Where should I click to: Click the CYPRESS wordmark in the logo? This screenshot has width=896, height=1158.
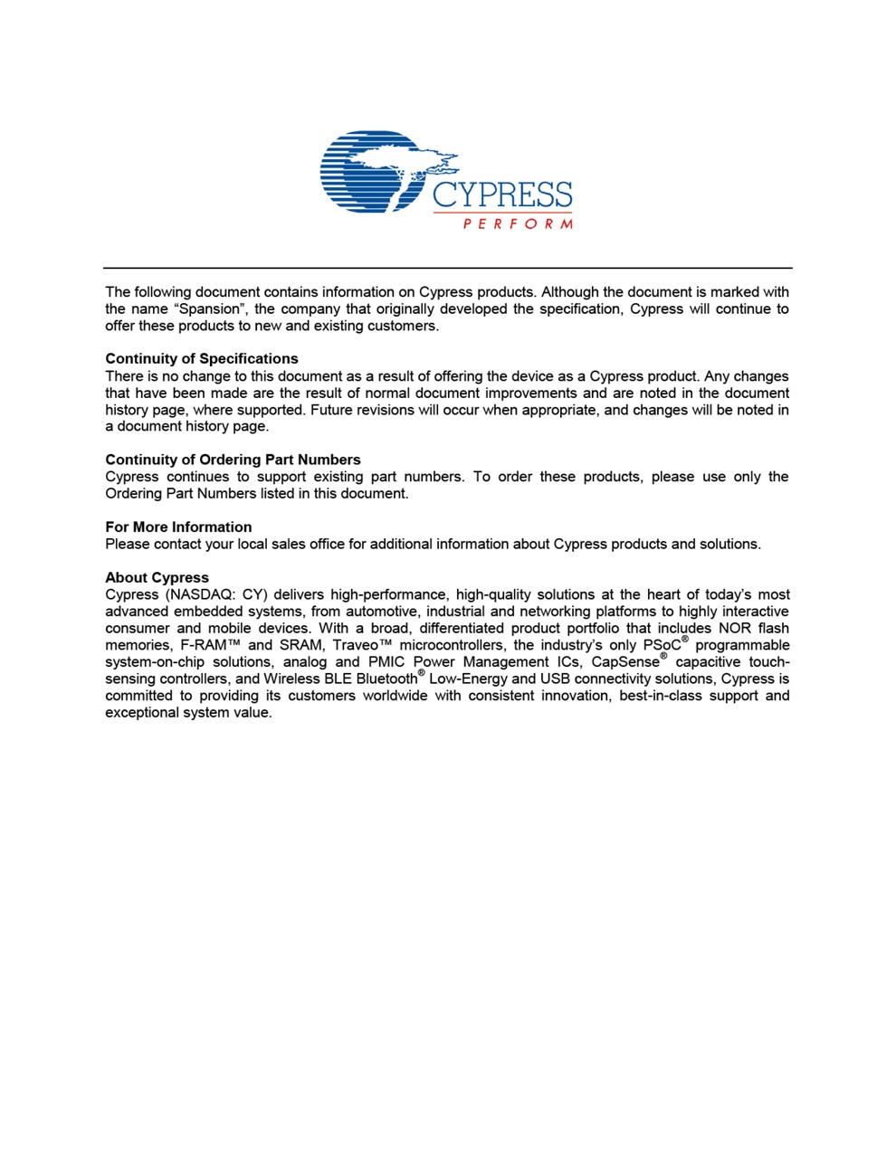[502, 194]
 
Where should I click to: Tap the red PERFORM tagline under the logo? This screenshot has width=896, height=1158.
[518, 223]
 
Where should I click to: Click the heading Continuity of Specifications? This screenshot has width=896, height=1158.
[202, 359]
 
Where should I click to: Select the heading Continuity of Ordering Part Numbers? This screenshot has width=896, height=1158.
[233, 460]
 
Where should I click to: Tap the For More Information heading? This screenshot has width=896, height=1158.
[178, 527]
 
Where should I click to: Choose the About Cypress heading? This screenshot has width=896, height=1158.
[157, 578]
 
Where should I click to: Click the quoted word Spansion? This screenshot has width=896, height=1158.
[210, 309]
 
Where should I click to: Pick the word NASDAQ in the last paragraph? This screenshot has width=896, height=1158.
[200, 595]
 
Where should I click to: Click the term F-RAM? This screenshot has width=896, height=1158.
[209, 646]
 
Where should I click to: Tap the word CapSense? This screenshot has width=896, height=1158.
[624, 662]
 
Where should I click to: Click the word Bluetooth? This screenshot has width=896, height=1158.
[386, 679]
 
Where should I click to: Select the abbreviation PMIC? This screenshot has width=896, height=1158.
[386, 662]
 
